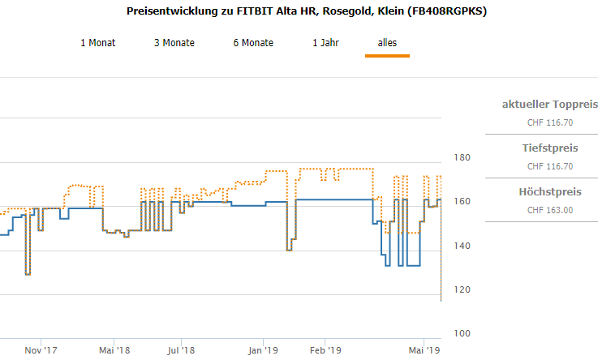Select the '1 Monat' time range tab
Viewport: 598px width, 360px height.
point(97,43)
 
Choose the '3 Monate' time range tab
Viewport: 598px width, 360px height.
point(174,43)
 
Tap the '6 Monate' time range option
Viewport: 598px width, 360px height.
point(253,43)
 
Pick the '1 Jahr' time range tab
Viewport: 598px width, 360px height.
point(326,43)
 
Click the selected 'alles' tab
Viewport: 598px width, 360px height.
point(387,43)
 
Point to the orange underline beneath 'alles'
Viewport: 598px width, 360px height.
point(387,56)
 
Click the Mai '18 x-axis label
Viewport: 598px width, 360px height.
point(114,350)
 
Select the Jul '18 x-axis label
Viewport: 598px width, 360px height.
point(181,350)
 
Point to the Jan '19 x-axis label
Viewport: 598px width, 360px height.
point(263,350)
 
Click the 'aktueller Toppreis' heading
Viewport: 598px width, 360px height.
point(550,105)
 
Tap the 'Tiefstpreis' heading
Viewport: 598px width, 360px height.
point(550,148)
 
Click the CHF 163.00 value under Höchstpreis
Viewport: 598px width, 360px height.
point(550,210)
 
